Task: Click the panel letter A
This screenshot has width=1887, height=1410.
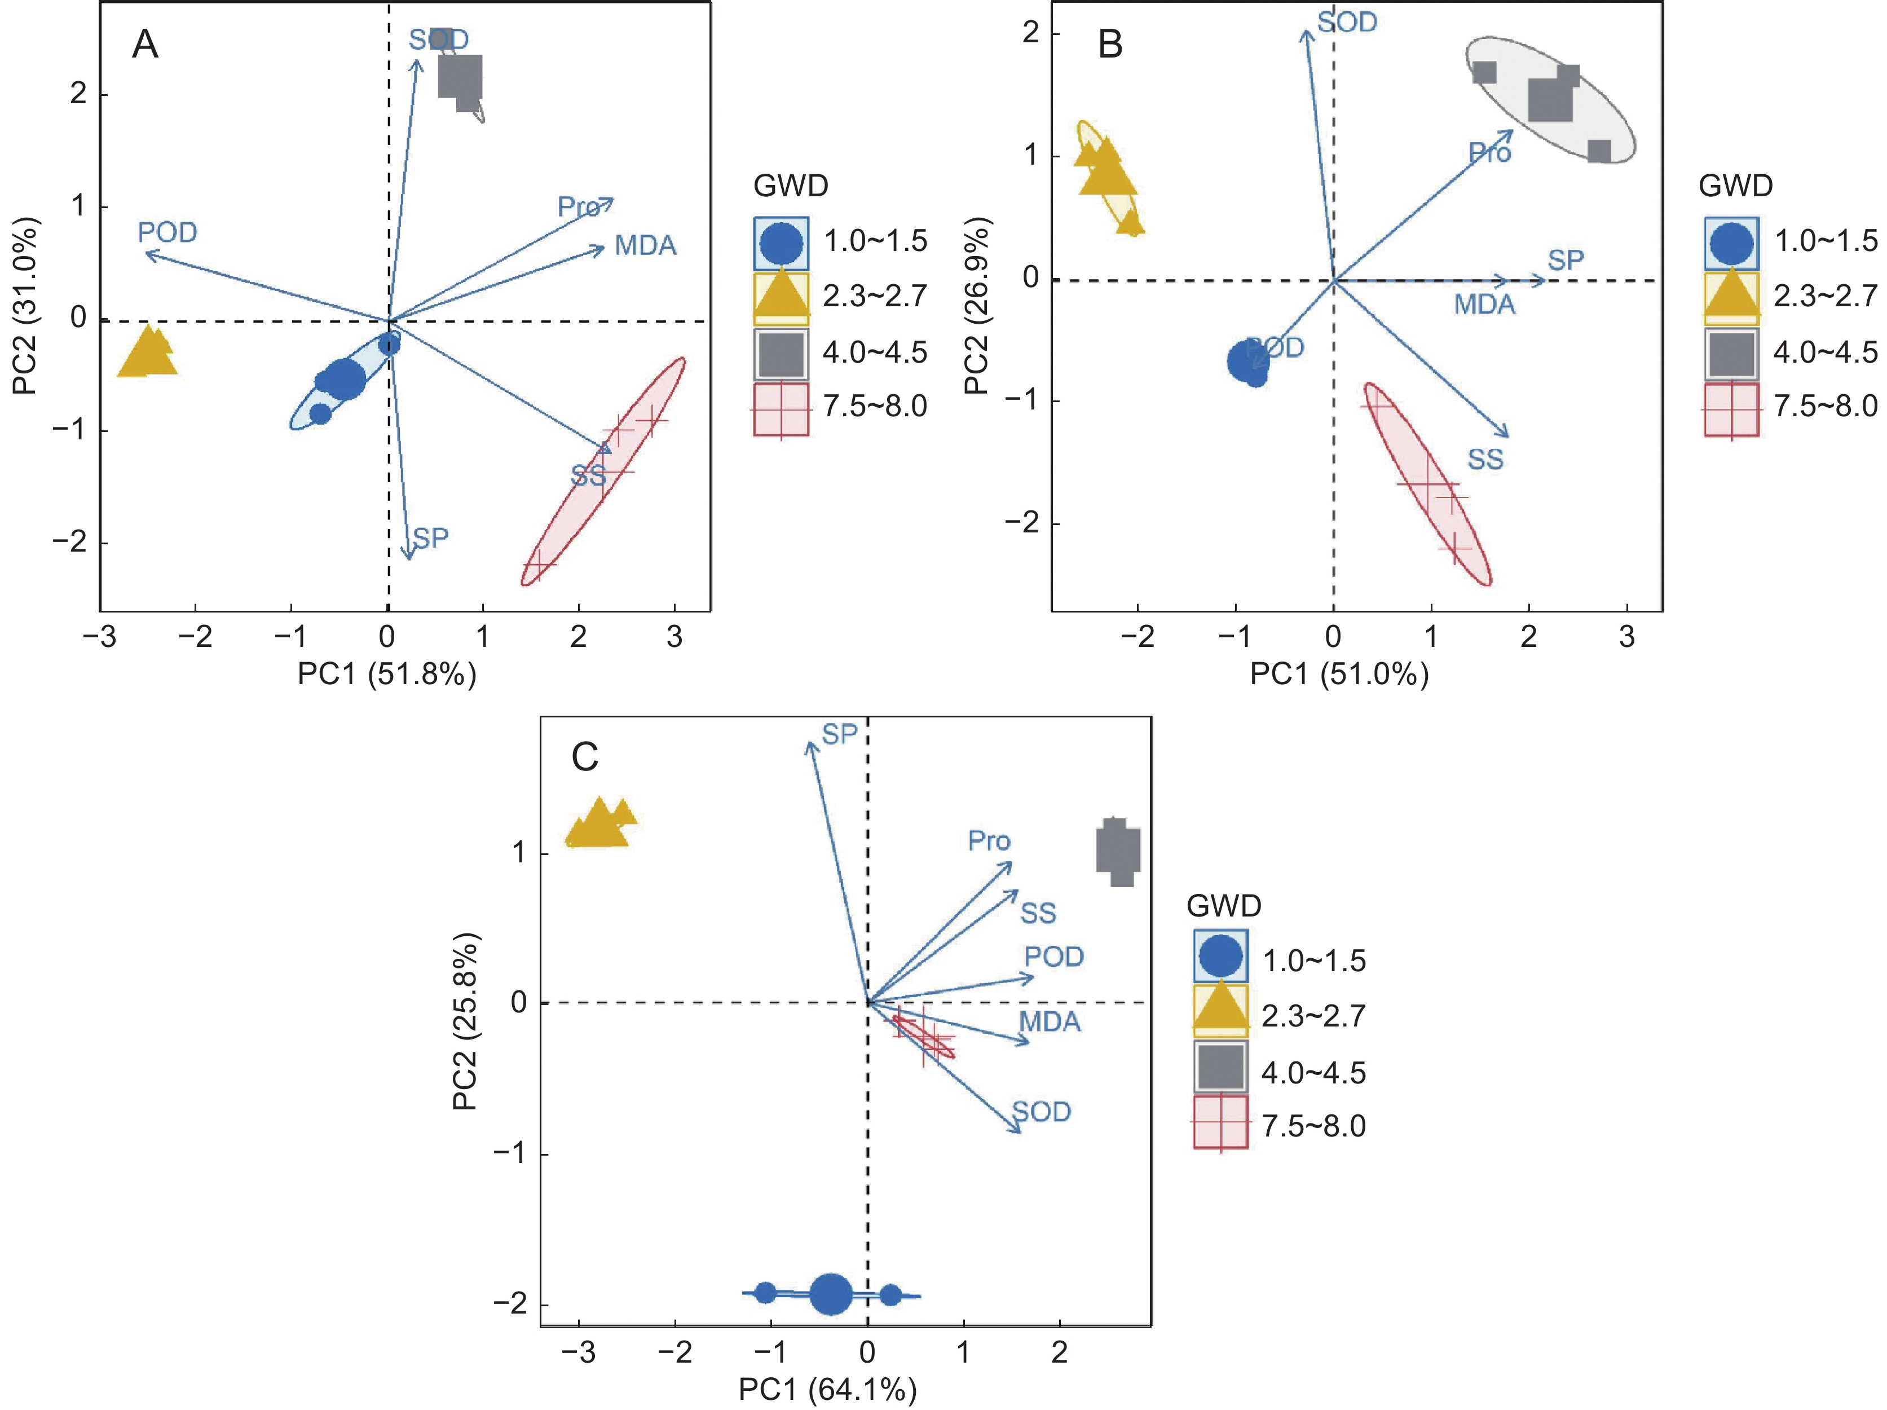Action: point(145,45)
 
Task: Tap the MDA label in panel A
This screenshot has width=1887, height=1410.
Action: point(646,246)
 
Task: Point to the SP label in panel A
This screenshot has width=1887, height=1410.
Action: point(431,538)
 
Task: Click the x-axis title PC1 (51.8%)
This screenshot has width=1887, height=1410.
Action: point(386,674)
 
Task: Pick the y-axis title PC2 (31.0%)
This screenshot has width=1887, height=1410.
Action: point(25,305)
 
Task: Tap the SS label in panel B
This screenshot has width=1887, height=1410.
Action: point(1485,460)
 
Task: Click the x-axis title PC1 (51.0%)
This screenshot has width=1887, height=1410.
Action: point(1338,674)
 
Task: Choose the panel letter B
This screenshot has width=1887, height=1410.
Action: point(1110,45)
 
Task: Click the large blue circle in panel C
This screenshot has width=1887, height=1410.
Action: point(830,1294)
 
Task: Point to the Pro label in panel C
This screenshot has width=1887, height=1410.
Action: point(989,841)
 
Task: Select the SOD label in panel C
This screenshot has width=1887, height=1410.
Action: point(1042,1112)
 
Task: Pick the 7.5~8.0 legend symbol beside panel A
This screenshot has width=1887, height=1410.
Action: point(781,409)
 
